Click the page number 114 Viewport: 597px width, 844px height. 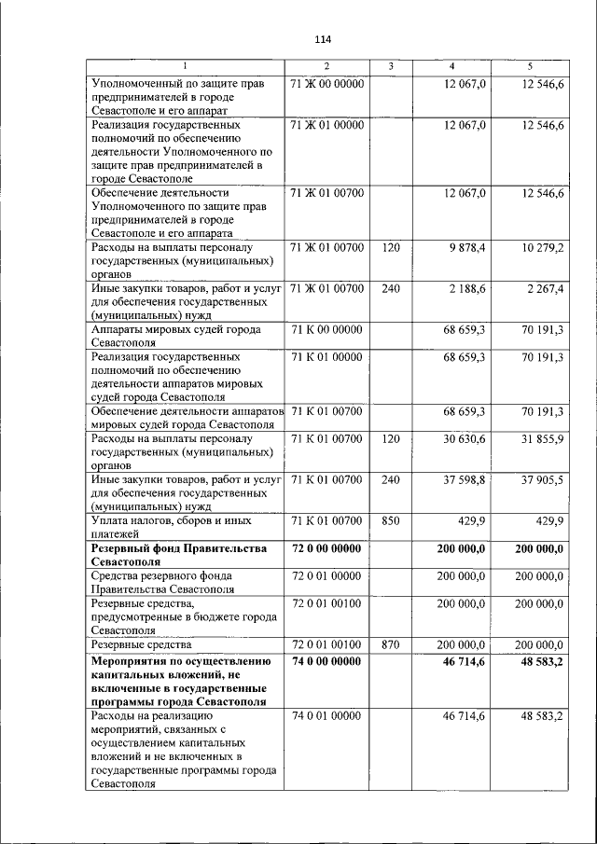tap(324, 39)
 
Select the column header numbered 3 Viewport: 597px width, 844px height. tap(391, 66)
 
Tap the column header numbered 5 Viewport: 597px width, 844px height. tap(529, 66)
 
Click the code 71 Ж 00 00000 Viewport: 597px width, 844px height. tap(326, 84)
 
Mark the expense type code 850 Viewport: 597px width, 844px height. tap(391, 520)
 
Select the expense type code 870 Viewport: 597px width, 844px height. tap(391, 643)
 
